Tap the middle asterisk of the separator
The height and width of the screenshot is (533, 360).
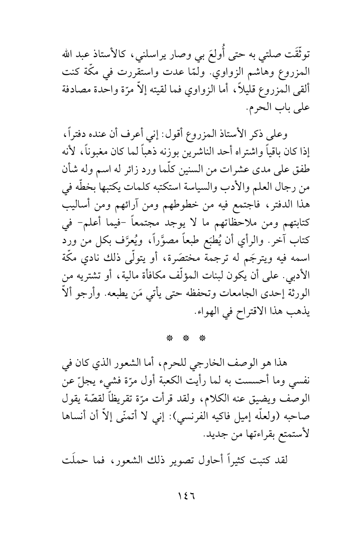point(180,338)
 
